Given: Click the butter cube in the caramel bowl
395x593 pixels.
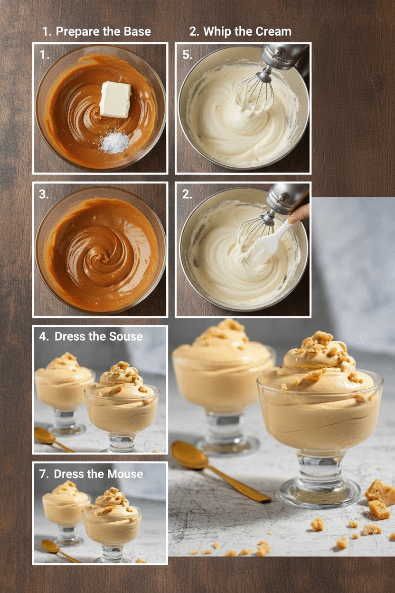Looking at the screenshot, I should tap(115, 99).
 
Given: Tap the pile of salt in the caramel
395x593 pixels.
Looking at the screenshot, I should tap(114, 143).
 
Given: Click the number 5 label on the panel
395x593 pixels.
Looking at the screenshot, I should tap(187, 55).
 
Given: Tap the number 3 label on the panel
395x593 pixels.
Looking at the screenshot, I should tap(44, 194).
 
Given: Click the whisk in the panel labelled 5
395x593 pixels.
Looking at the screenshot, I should tap(254, 90).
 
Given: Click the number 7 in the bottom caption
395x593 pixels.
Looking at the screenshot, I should tap(43, 474).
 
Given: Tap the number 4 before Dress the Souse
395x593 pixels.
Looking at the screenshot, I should tap(44, 336).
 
